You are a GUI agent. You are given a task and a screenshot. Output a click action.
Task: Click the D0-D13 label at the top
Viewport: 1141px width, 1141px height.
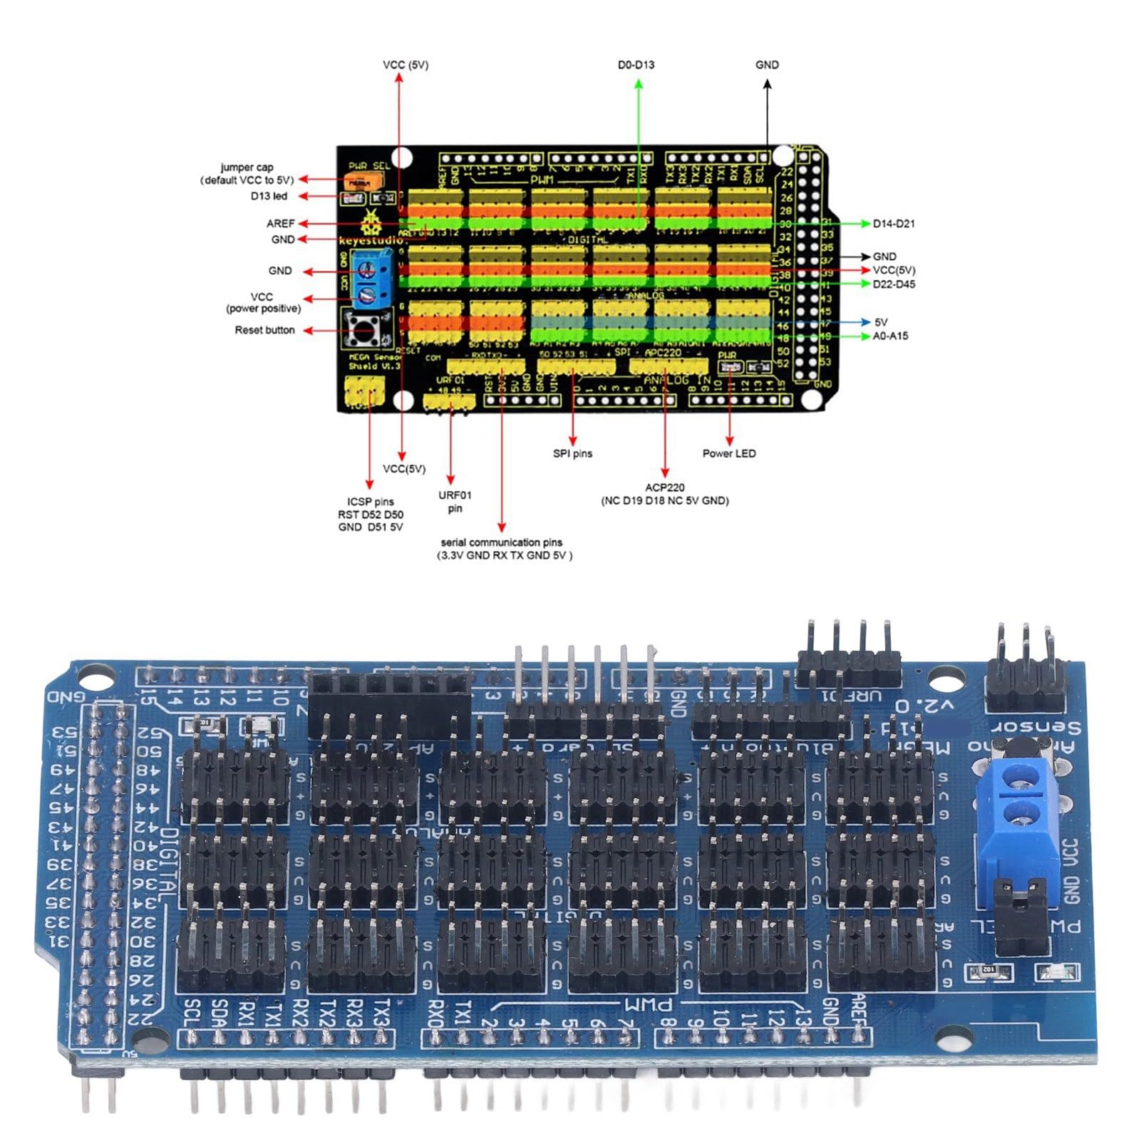tap(636, 65)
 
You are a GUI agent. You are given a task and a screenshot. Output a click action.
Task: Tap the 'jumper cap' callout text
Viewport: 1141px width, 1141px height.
tap(247, 167)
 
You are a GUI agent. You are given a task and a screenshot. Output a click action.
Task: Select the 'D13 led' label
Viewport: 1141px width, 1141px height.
tap(269, 196)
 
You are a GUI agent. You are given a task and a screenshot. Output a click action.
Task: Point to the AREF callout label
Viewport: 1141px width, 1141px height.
tap(280, 224)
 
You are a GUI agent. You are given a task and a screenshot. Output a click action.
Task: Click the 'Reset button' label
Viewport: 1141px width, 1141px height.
tap(264, 330)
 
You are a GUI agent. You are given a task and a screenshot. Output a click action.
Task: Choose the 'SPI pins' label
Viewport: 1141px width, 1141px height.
tap(572, 453)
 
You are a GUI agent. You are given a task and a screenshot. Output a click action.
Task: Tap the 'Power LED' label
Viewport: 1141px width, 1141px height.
tap(729, 453)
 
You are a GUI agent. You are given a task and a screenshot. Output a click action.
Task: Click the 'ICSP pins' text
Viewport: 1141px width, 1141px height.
tap(370, 502)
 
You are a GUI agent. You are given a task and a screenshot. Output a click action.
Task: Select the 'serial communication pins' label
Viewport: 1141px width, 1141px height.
tap(502, 542)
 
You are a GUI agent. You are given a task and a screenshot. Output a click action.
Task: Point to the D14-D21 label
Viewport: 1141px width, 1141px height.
tap(894, 224)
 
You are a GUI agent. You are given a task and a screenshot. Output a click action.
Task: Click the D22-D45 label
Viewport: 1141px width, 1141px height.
tap(894, 284)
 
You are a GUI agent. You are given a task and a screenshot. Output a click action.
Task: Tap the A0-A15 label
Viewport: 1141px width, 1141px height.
tap(890, 336)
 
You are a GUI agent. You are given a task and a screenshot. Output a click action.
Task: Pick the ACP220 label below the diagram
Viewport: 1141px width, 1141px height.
tap(665, 487)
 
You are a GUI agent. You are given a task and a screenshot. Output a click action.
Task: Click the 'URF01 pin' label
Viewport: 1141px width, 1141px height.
tap(455, 502)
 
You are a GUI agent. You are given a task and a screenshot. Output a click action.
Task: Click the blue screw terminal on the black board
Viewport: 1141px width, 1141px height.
tap(372, 279)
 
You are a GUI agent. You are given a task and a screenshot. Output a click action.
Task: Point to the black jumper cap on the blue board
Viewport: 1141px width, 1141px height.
tap(1021, 915)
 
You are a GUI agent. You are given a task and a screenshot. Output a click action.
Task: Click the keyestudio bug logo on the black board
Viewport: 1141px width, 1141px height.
tap(371, 224)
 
